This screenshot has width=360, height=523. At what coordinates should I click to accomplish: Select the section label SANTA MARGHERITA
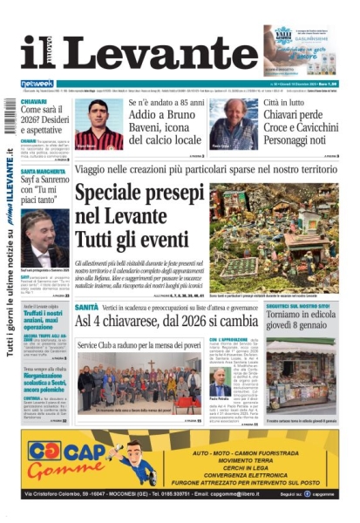click(x=39, y=172)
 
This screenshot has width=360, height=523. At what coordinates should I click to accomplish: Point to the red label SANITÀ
click(x=86, y=308)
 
